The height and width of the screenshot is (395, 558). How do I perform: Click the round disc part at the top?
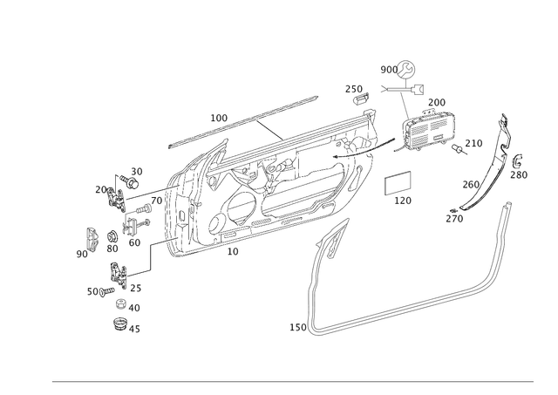tap(406, 69)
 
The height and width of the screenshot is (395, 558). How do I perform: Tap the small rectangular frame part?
tap(398, 183)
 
